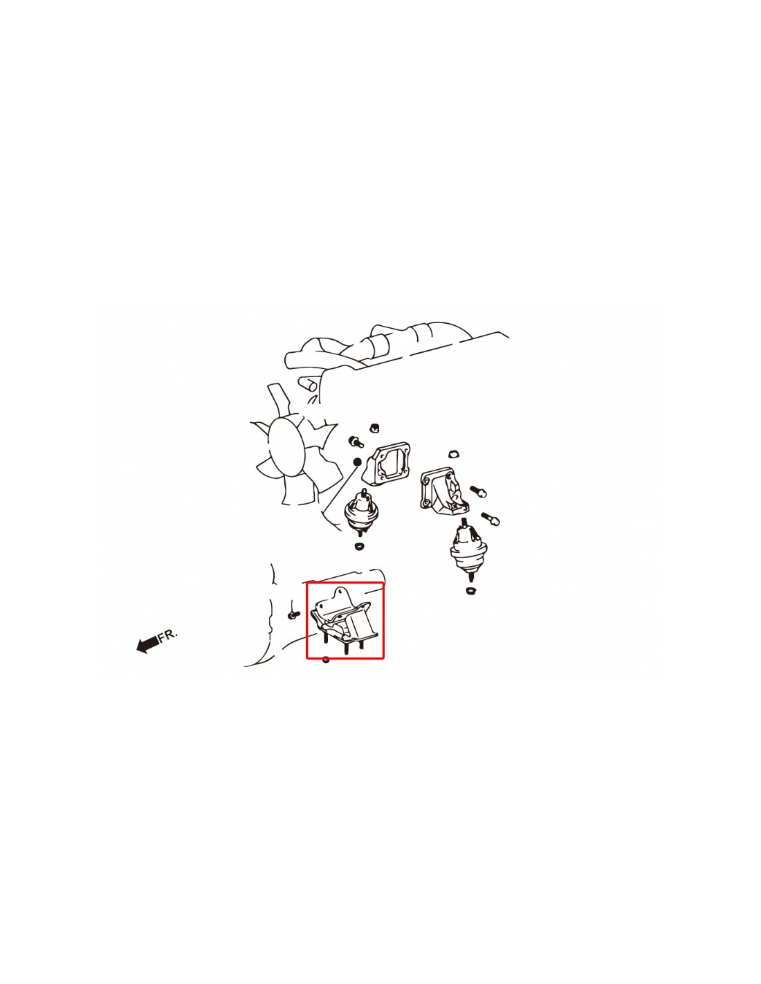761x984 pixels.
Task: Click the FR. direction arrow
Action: (147, 644)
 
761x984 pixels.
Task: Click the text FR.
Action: (168, 634)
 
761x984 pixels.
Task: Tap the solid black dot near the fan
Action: (357, 462)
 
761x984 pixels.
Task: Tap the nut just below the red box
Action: (325, 659)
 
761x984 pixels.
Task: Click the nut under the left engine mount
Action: (360, 546)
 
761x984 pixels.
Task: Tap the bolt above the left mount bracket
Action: (356, 441)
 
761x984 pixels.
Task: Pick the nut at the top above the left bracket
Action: (374, 428)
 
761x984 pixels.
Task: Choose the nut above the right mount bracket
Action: (453, 454)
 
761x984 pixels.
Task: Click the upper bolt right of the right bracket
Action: (479, 491)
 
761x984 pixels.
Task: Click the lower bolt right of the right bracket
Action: (490, 518)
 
